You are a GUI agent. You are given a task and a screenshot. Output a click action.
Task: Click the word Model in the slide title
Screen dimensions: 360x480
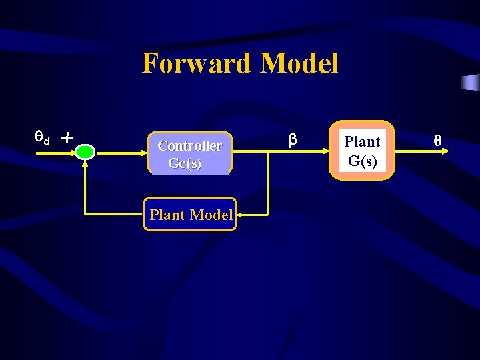[299, 64]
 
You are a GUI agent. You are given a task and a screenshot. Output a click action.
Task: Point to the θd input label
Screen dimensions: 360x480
[42, 139]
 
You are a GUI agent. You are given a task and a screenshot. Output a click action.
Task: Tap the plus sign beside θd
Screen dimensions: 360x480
[66, 138]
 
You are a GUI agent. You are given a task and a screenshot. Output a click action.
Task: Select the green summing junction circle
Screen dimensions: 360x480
[85, 152]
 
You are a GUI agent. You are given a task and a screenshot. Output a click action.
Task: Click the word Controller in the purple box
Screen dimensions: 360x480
[189, 145]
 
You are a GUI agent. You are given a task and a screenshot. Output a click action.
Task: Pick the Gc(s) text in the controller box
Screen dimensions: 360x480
[185, 163]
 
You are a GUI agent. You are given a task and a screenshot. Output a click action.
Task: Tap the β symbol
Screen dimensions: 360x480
[292, 140]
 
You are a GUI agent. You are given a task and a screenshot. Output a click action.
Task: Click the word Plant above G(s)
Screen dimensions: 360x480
[362, 141]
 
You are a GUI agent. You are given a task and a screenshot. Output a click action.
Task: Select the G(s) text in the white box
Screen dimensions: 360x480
[362, 161]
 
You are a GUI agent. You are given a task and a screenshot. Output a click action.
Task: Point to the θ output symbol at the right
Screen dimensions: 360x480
[437, 141]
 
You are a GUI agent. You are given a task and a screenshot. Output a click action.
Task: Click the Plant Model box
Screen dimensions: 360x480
[190, 215]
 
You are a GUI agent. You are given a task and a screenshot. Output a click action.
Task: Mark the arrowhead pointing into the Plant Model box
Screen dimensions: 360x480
[241, 215]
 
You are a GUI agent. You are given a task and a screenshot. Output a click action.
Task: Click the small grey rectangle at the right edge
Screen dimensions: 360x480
[470, 83]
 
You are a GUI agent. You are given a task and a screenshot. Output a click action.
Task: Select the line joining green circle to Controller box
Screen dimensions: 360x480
[121, 152]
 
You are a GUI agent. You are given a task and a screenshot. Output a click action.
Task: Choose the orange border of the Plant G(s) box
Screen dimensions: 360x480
[332, 151]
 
